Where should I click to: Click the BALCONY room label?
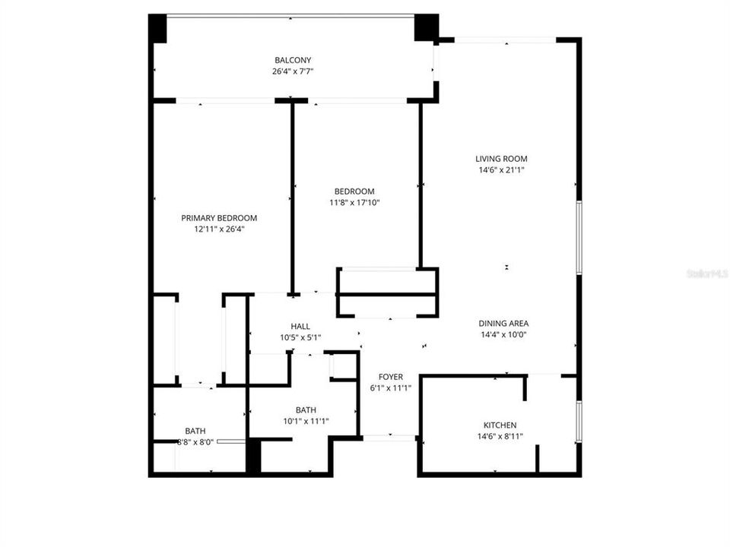click(x=293, y=60)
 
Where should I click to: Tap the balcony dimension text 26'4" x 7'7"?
click(x=293, y=71)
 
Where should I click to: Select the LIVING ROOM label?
click(x=501, y=159)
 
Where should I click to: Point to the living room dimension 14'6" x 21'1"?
click(x=501, y=170)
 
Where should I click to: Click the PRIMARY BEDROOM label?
click(x=219, y=218)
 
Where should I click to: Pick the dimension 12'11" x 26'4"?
click(x=219, y=229)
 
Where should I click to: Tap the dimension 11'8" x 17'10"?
click(x=354, y=202)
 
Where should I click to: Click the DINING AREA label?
click(x=504, y=323)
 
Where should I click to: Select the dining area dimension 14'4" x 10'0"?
click(x=504, y=334)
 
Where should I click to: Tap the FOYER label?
click(x=391, y=377)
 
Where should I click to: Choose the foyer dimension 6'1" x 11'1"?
click(x=391, y=388)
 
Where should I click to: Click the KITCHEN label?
click(x=500, y=425)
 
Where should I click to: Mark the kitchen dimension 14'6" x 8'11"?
click(x=500, y=436)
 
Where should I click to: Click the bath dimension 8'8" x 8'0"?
click(x=195, y=442)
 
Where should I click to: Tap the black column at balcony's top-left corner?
click(x=157, y=29)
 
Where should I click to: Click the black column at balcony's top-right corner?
click(x=426, y=27)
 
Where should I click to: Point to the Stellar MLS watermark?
click(x=706, y=273)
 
